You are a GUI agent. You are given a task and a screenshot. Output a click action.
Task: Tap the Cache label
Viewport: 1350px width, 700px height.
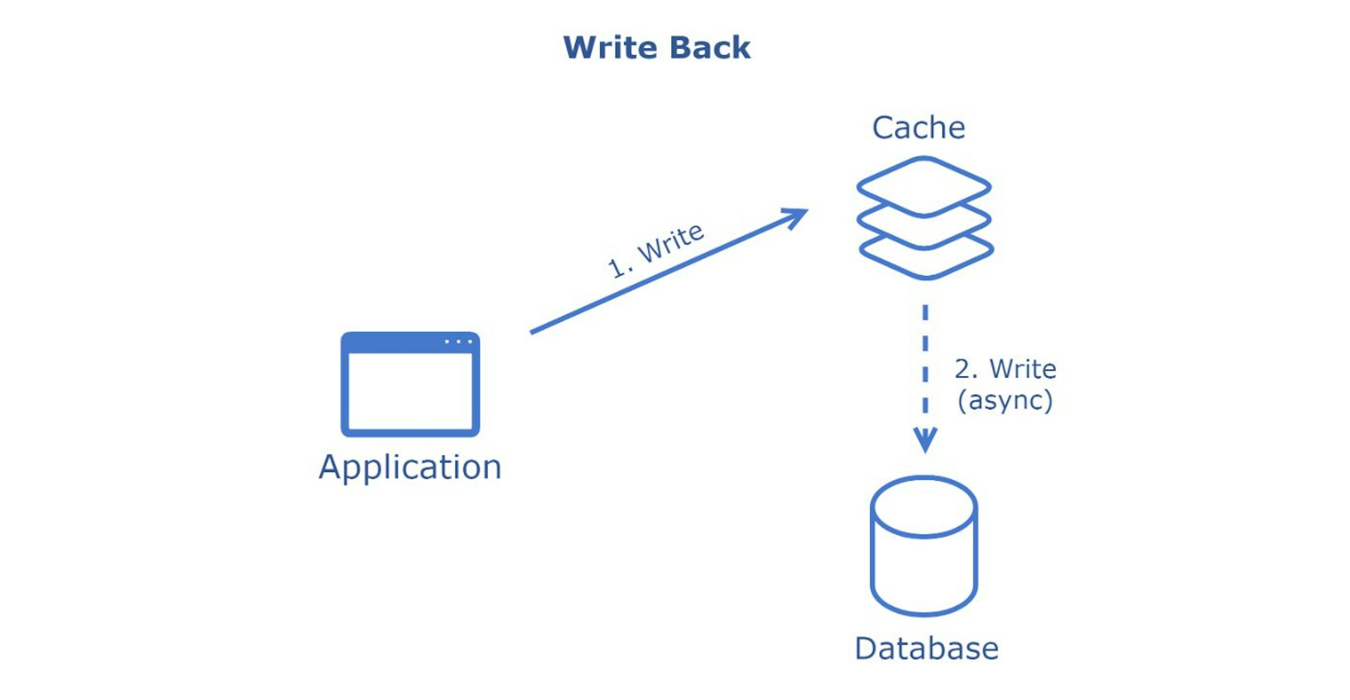(x=918, y=128)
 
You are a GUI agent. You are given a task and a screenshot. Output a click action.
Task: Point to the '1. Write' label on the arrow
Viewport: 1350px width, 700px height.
(x=655, y=250)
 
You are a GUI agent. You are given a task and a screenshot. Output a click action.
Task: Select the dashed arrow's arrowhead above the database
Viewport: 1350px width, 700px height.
(x=925, y=439)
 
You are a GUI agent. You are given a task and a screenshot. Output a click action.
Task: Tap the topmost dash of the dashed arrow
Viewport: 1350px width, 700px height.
(x=925, y=312)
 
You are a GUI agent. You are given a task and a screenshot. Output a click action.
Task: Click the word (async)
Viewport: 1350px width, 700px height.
(x=1005, y=400)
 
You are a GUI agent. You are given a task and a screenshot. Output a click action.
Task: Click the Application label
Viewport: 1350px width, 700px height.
(x=410, y=467)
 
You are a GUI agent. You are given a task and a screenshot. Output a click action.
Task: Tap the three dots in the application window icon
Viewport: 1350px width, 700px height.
(x=458, y=342)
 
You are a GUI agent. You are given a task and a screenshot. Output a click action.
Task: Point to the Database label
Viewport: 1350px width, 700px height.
(x=926, y=649)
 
